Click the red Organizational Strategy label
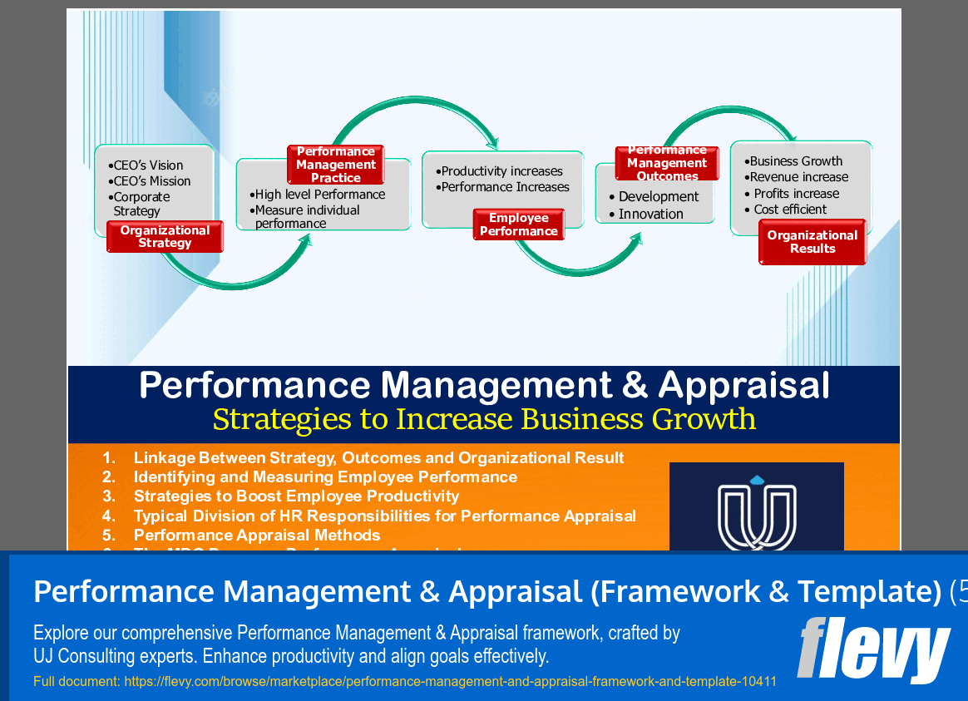tap(165, 237)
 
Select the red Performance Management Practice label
tap(336, 165)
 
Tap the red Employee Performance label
tap(519, 225)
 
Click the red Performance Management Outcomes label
tap(667, 164)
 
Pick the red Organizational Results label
tap(812, 242)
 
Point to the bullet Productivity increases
tap(501, 171)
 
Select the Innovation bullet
tap(650, 214)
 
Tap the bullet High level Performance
tap(319, 195)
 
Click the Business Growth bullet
tap(795, 161)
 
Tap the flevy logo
tap(873, 649)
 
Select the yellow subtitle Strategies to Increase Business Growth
tap(484, 418)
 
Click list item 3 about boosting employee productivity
tap(296, 496)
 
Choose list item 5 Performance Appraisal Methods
tap(256, 535)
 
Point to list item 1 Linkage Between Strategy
tap(378, 458)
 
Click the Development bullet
tap(658, 197)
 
